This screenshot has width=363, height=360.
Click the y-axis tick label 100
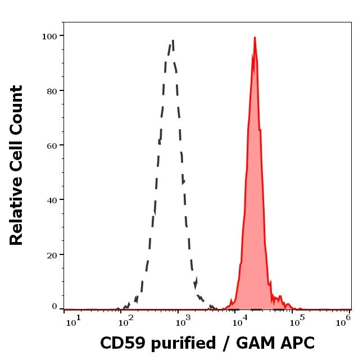pyautogui.click(x=49, y=36)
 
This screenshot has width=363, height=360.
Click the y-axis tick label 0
pyautogui.click(x=54, y=307)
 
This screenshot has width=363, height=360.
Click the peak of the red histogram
pyautogui.click(x=255, y=38)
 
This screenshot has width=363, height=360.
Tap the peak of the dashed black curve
pyautogui.click(x=173, y=40)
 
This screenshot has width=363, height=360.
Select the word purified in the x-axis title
pyautogui.click(x=182, y=344)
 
